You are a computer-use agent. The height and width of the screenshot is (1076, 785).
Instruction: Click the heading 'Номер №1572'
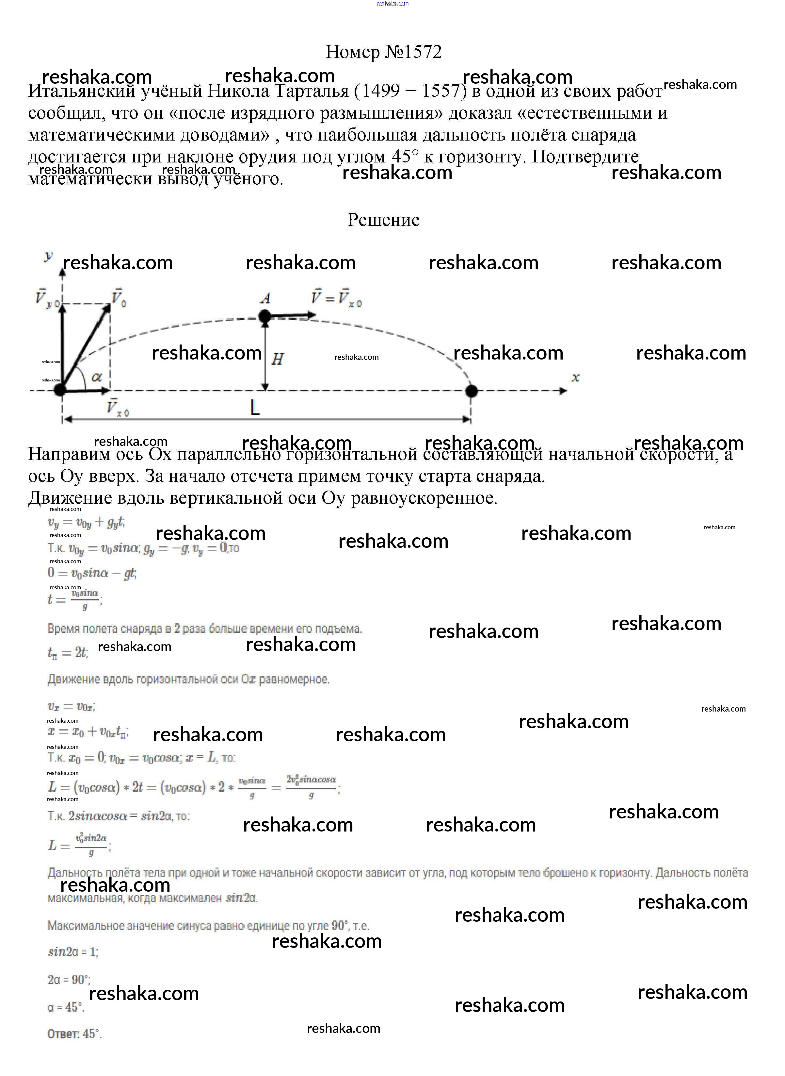pos(383,52)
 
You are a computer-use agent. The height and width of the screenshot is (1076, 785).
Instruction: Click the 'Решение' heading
pos(383,220)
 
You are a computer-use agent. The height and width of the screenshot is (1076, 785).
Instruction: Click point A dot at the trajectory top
pos(264,316)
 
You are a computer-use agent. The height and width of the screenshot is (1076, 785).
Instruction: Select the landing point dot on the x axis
pos(471,391)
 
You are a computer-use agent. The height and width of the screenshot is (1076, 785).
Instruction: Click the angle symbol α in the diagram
pos(96,377)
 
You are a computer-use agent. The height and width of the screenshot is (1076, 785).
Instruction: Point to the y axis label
pos(48,257)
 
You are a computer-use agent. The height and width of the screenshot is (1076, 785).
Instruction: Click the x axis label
pos(575,378)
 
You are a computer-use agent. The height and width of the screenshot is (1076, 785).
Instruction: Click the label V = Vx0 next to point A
pos(336,298)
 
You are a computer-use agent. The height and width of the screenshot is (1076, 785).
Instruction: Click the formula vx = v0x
pos(71,706)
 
